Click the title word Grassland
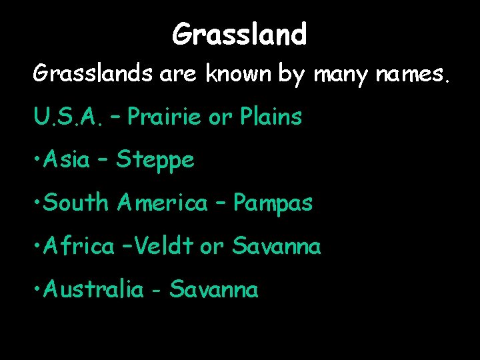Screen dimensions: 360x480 (239, 34)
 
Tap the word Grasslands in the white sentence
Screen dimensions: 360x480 (94, 75)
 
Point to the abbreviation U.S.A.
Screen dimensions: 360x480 (62, 117)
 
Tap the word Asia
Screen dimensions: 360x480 (67, 160)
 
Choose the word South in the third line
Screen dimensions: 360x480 (75, 203)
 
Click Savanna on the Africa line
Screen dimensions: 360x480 (276, 247)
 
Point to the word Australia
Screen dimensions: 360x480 (93, 289)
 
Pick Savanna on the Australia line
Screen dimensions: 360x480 (213, 289)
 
